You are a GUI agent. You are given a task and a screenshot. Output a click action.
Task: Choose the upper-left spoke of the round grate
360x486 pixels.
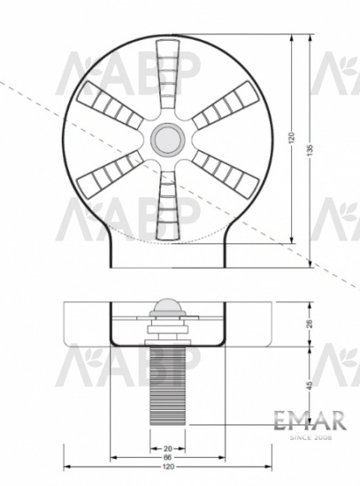(111, 107)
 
